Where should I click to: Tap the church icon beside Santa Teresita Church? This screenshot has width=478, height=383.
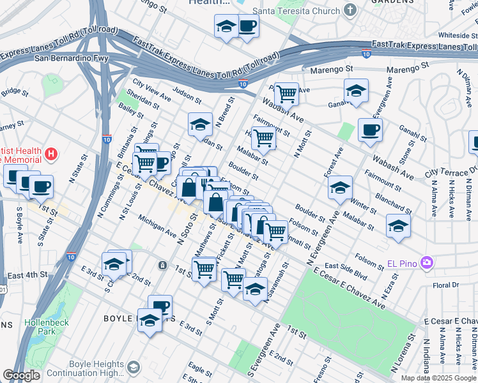click(350, 10)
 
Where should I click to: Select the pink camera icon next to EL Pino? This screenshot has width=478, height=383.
click(427, 262)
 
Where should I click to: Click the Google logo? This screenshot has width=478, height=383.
click(22, 375)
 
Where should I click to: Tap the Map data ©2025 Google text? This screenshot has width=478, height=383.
click(438, 378)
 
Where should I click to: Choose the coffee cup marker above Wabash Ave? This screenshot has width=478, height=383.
click(370, 131)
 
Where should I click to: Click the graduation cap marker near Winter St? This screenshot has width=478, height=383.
click(340, 188)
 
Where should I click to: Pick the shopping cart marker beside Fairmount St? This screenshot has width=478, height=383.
click(263, 137)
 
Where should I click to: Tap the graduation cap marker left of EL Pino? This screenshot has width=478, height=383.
click(397, 226)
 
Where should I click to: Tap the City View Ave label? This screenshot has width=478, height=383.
click(151, 90)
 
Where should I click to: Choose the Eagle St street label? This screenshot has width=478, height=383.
click(200, 370)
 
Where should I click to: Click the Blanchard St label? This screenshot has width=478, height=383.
click(389, 201)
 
